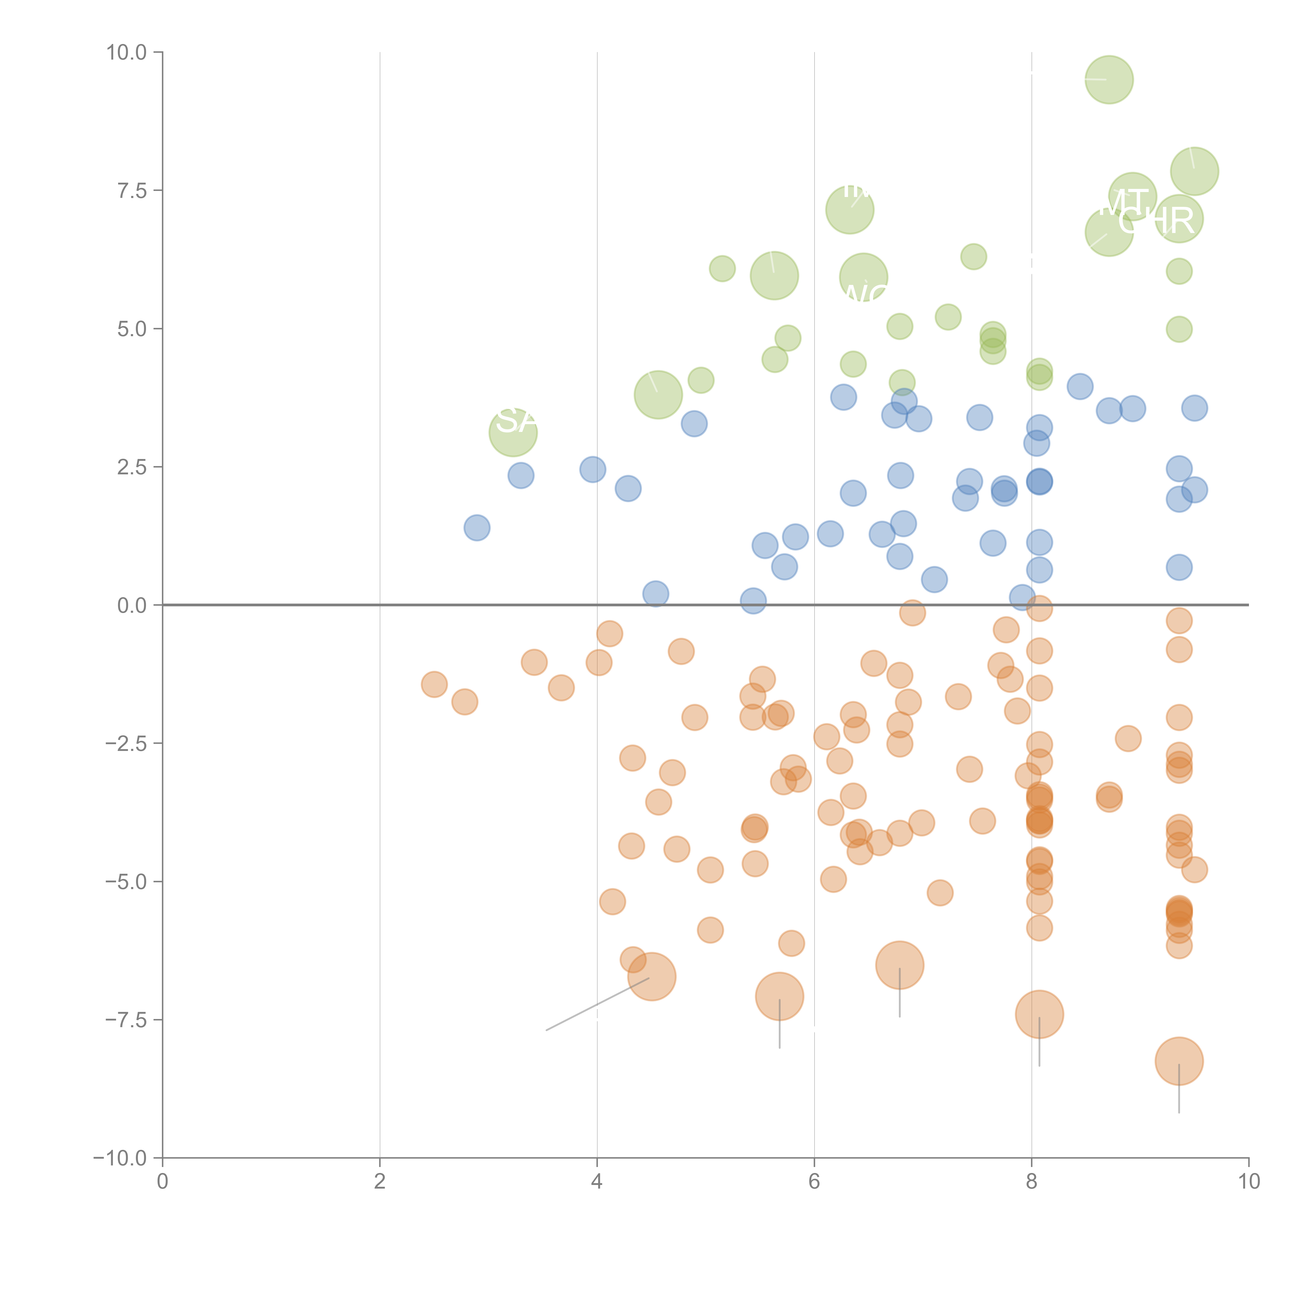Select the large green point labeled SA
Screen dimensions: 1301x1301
point(513,432)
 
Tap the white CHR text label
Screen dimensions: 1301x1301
point(1156,220)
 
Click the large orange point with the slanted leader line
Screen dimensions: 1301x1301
point(651,977)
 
